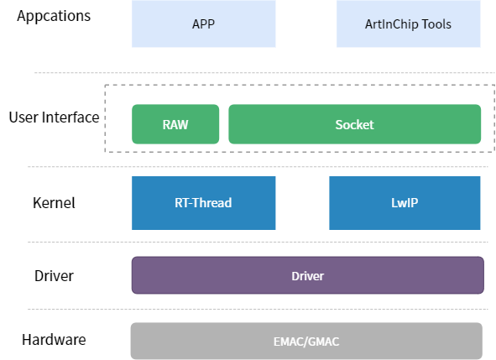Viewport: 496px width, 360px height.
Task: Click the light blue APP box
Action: coord(203,23)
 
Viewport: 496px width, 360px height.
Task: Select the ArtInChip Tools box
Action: coord(410,23)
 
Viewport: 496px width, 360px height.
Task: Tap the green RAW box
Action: coord(175,124)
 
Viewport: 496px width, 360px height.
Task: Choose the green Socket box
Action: coord(354,124)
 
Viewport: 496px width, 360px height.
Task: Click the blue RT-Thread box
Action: coord(203,202)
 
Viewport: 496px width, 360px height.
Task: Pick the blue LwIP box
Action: coord(405,202)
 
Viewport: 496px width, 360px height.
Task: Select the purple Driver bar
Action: coord(307,275)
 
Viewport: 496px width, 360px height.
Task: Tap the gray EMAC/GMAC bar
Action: coord(306,341)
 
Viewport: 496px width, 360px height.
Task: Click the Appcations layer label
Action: coord(54,16)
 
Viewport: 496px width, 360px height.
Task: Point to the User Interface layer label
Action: coord(54,117)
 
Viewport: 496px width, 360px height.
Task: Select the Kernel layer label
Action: coord(54,203)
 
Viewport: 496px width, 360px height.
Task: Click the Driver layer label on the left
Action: coord(54,276)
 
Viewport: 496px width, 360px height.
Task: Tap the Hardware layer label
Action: coord(54,340)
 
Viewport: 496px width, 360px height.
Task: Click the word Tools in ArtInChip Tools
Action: coord(435,23)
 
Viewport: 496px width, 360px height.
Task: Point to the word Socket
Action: coord(354,124)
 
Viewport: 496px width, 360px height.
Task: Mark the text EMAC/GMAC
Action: coord(306,342)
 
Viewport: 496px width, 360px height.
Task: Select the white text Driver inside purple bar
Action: coord(307,275)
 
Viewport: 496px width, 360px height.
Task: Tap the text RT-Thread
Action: coord(203,202)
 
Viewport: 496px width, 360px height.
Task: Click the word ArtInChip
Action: coord(392,23)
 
